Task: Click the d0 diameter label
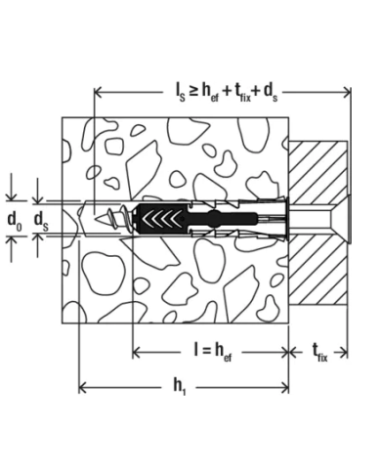point(14,219)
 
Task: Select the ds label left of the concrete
point(41,219)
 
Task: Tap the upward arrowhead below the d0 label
point(13,244)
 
